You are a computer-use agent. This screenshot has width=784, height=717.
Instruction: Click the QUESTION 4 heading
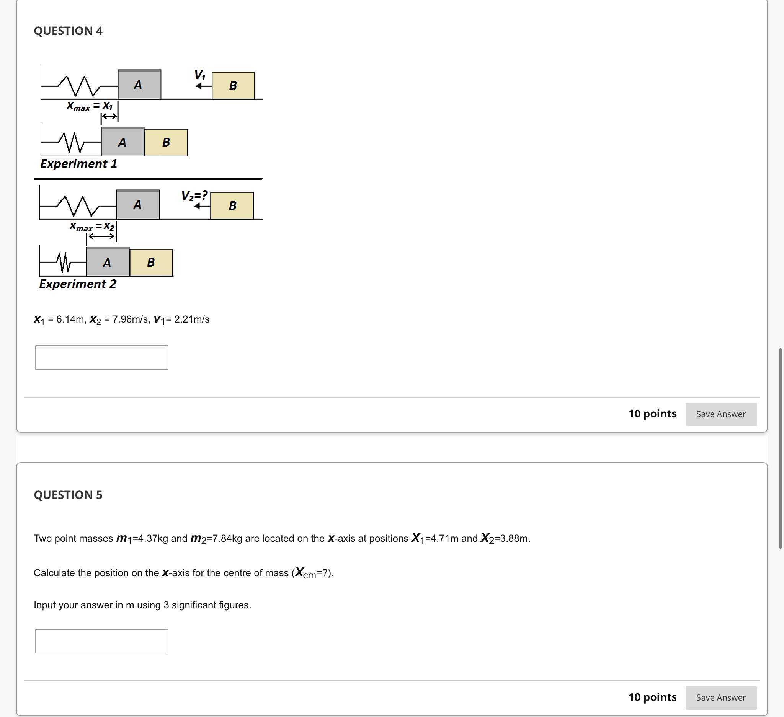tap(68, 31)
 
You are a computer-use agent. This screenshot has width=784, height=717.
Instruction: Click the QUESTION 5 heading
tap(68, 495)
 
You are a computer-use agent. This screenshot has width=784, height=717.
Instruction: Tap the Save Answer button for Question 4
tap(720, 414)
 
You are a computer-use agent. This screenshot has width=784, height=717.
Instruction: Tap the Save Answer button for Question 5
tap(720, 697)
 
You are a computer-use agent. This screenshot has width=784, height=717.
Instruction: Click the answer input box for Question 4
tap(101, 357)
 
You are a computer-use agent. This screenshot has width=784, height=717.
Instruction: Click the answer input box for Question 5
tap(101, 641)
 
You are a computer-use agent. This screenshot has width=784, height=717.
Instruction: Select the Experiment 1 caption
tap(78, 164)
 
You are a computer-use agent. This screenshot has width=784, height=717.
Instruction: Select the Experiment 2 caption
tap(77, 284)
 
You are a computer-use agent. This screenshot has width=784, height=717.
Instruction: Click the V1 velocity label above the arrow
tap(200, 74)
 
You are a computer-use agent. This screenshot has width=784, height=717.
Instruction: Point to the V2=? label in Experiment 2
tap(194, 195)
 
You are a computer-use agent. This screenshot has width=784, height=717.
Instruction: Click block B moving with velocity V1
tap(233, 85)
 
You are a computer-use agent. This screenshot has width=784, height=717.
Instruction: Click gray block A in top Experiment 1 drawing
tap(139, 85)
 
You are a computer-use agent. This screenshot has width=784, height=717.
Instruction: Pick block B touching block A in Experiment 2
tap(151, 263)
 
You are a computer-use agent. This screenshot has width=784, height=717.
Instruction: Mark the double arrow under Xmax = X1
tap(109, 116)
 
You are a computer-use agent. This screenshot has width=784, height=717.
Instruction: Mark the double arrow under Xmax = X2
tap(101, 236)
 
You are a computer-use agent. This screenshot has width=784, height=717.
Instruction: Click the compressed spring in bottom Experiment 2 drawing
tap(64, 263)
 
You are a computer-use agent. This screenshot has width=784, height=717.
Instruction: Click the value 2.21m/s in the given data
tap(192, 319)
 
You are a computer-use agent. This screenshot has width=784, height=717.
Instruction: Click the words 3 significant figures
tap(207, 605)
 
